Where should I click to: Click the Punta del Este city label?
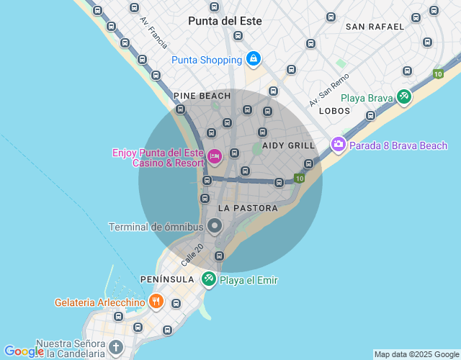point(225,21)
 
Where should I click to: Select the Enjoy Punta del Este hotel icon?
point(214,156)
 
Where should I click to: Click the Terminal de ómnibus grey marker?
point(215,227)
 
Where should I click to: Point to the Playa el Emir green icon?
point(209,279)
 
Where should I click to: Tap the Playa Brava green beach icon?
point(403,96)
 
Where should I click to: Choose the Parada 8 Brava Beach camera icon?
point(339,145)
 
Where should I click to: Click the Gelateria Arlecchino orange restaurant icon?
point(156,302)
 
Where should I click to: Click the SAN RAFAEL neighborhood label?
point(375,27)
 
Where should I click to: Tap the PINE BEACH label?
point(202,96)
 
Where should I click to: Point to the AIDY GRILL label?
point(288,145)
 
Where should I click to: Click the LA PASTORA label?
point(247,208)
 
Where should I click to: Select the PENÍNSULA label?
point(166,279)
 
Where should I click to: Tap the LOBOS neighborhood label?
point(334,111)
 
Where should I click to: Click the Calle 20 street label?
point(192,252)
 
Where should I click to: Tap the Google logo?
point(23,351)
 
